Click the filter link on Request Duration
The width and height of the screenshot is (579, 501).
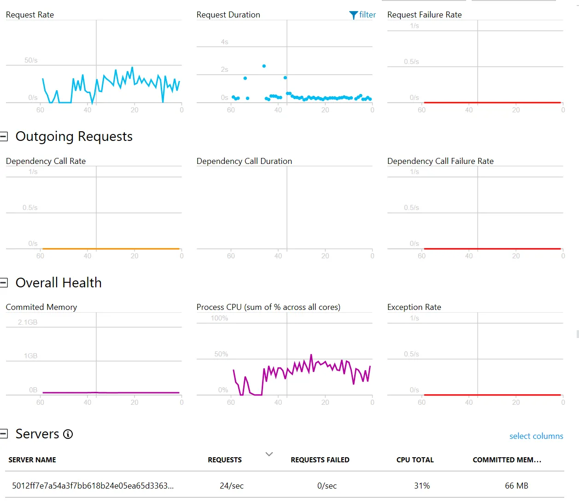(x=363, y=15)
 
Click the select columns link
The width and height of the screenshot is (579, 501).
(x=536, y=436)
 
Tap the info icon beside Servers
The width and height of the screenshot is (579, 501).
(x=68, y=434)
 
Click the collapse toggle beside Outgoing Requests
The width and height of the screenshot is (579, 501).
(x=4, y=136)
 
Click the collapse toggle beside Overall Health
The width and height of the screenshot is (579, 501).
(x=4, y=283)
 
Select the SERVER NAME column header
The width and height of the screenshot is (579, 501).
(x=32, y=460)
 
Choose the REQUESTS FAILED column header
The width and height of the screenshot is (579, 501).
(x=320, y=460)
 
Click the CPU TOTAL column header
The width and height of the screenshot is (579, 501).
(x=415, y=460)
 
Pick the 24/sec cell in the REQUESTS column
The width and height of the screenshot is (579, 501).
(x=232, y=486)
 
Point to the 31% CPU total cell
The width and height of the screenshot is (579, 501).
(x=422, y=486)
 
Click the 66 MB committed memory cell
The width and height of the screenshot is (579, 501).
(x=516, y=486)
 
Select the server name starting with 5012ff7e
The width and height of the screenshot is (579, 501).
(x=93, y=486)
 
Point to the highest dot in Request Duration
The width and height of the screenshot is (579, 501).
(x=264, y=66)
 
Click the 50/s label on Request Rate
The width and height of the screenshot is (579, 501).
(x=31, y=60)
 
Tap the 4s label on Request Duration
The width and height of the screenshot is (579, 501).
(x=224, y=42)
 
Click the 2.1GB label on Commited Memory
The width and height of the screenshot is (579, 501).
(x=28, y=322)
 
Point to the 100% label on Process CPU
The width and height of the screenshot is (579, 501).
(x=219, y=318)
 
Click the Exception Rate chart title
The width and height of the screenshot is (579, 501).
(x=414, y=307)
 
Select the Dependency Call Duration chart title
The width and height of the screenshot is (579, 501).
(x=244, y=161)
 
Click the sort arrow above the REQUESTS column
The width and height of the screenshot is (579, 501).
(x=269, y=454)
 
